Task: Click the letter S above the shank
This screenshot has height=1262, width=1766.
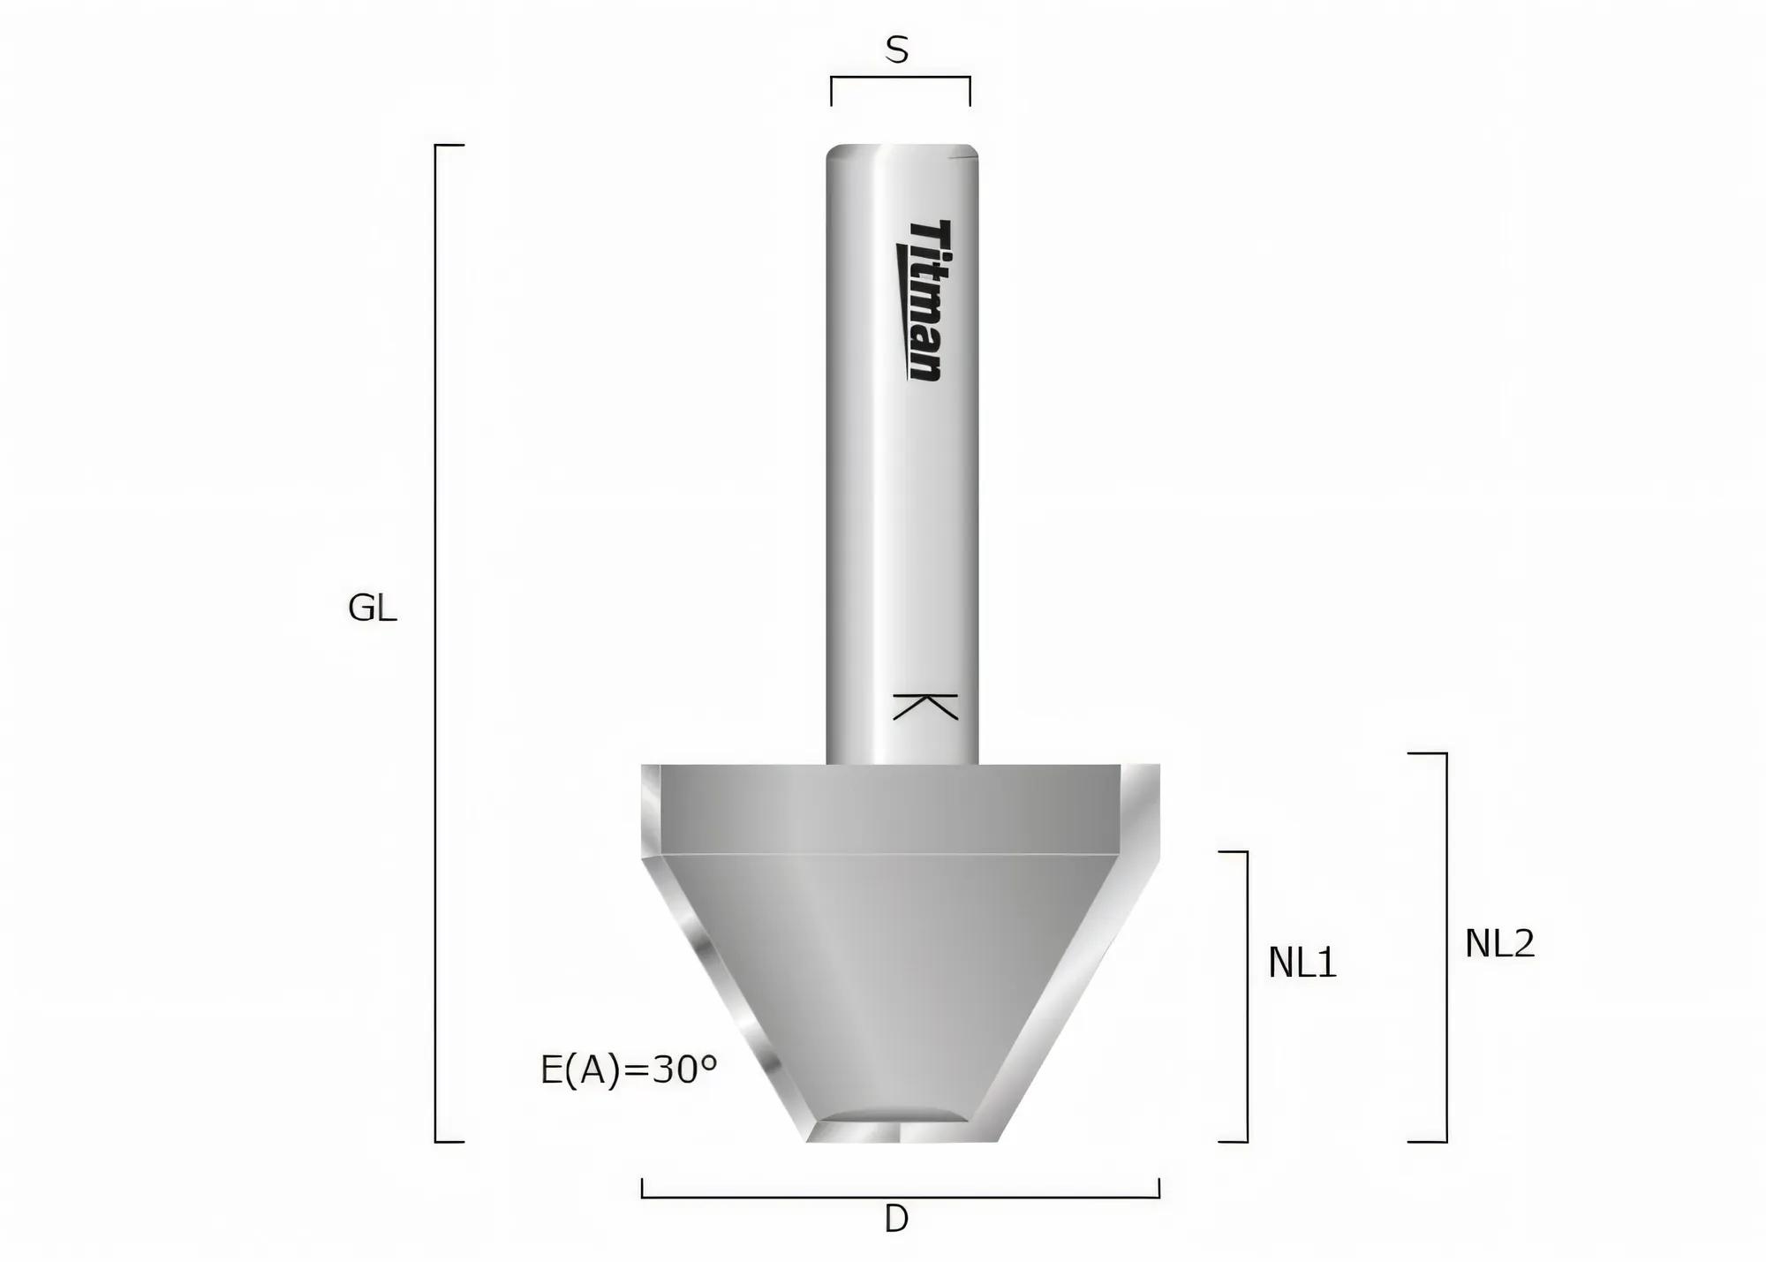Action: pos(896,51)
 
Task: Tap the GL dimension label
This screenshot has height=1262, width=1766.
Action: pos(372,608)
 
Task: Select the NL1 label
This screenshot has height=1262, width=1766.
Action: pos(1302,963)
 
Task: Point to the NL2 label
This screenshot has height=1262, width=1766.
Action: pos(1499,944)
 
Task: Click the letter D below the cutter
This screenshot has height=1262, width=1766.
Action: pos(896,1220)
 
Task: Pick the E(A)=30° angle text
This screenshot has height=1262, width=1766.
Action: pos(628,1070)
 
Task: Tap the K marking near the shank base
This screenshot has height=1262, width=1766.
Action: pos(925,707)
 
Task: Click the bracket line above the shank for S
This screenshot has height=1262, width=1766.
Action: pos(900,78)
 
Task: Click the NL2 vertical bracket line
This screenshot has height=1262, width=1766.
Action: pos(1446,947)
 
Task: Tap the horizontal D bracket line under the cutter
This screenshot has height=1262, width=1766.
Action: pos(900,1197)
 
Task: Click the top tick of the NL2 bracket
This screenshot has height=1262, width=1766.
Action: pos(1426,754)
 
